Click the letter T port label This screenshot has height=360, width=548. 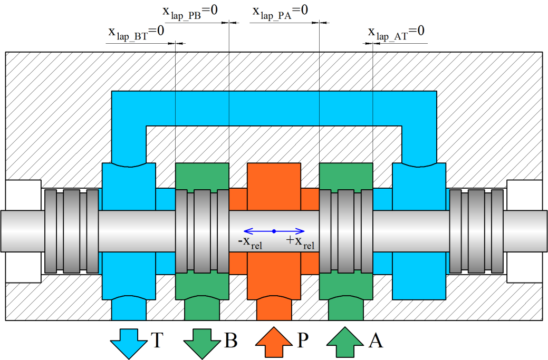(157, 341)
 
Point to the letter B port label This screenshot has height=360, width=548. (230, 341)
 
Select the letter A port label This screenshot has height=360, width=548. (375, 341)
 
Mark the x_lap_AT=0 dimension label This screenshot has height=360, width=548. (396, 33)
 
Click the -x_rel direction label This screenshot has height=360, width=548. (251, 243)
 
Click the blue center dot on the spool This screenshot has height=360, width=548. (274, 231)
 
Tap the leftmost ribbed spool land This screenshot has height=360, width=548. (71, 231)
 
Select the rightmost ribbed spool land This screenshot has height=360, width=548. (476, 231)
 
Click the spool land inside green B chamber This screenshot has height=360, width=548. (202, 231)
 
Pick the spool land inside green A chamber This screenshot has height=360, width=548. (346, 231)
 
